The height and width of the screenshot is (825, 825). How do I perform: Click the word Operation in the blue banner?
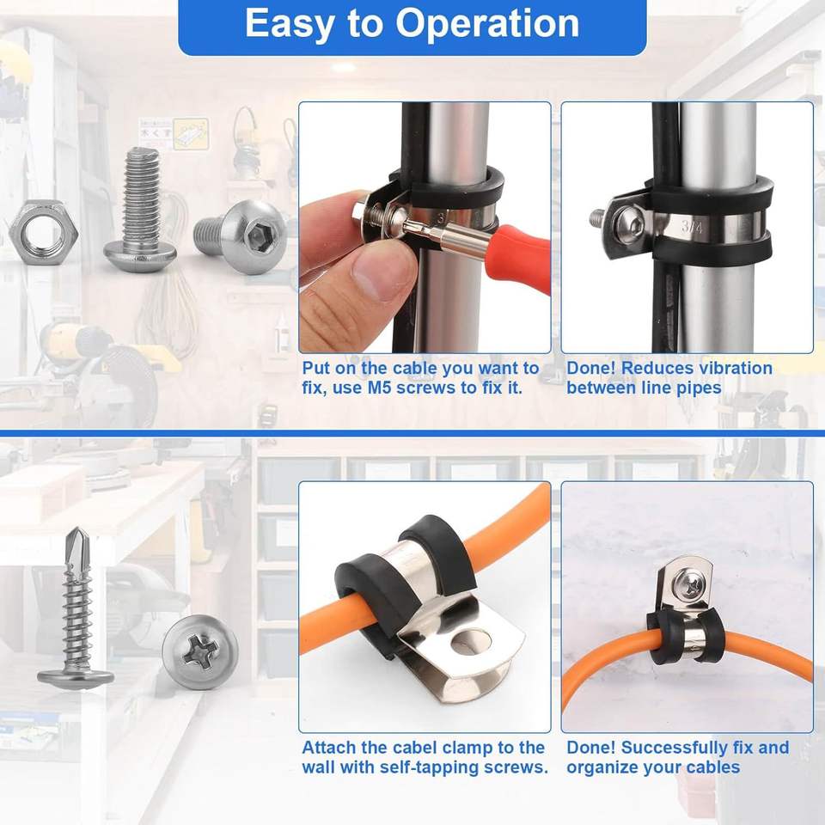point(487,24)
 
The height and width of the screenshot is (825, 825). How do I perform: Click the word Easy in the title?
point(289,25)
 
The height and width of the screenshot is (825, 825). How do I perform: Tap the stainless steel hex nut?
point(44,231)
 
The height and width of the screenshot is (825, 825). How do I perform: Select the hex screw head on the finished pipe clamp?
point(628,224)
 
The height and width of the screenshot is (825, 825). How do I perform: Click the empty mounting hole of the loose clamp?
point(472,641)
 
